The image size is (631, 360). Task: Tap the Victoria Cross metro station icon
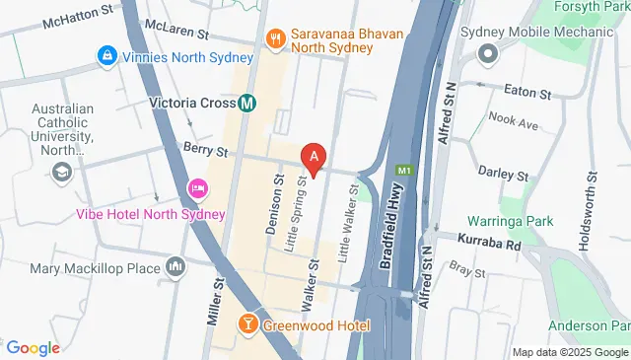pos(248,102)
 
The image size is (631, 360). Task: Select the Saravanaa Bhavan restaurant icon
pos(275,40)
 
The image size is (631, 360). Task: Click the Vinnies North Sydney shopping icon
pos(105,56)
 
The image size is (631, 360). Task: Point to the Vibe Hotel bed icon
pos(196,187)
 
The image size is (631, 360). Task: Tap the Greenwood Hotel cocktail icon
pos(246,324)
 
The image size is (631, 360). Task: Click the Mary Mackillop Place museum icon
pos(176,266)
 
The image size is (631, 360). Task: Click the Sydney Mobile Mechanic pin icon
pos(484,51)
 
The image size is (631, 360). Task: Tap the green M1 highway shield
pos(402,171)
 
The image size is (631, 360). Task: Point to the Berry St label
pos(205,150)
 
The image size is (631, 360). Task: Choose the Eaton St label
pos(526,93)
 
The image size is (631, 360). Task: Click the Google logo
pos(33,347)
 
